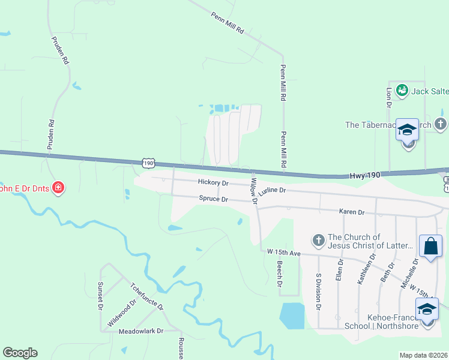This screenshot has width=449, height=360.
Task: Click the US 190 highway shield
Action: pos(149,162)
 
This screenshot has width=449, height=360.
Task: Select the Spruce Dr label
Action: pos(214,199)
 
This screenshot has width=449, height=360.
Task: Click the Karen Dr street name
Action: pos(352,212)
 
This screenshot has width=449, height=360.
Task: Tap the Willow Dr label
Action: pos(254,191)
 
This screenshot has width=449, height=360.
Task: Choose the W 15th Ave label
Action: pos(283,253)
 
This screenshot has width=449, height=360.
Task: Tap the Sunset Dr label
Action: pos(100,296)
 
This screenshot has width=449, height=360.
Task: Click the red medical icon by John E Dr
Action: pos(58,188)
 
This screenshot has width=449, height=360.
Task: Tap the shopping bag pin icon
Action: pos(430,246)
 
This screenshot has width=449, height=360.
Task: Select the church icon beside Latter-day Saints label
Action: pos(318,241)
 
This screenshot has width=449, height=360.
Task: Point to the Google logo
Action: pos(20,353)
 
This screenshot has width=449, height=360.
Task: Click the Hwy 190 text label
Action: pos(365,175)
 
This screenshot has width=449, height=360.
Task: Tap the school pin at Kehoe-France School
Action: pos(427,310)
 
